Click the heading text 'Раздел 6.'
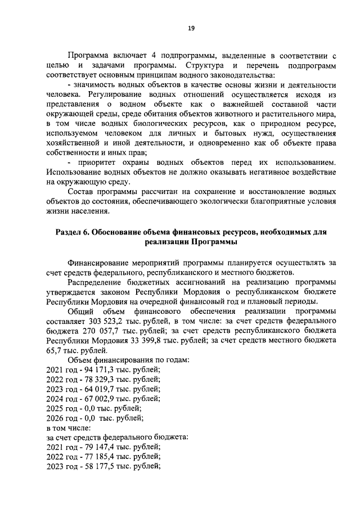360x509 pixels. coord(71,232)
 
